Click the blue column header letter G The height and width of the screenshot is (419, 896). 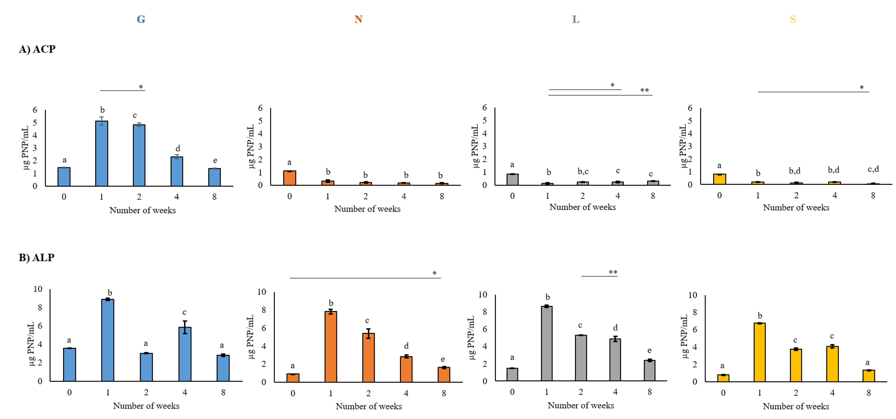(x=141, y=19)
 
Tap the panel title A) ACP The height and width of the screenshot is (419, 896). (x=37, y=49)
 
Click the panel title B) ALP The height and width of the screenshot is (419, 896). (x=37, y=258)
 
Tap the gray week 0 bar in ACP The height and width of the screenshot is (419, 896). (x=512, y=179)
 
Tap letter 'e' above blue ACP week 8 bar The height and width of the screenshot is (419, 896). (x=215, y=160)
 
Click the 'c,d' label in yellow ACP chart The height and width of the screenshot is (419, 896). (x=873, y=169)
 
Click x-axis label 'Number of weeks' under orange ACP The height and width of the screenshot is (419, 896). (x=367, y=209)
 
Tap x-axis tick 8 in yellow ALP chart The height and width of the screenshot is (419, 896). (x=868, y=393)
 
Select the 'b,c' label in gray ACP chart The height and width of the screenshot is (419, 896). (x=583, y=171)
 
